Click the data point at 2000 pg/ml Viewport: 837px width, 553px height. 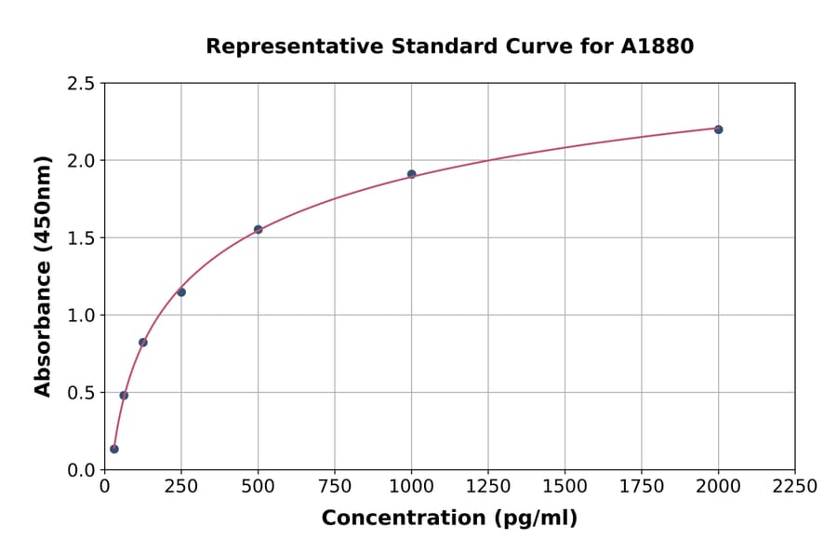[718, 129]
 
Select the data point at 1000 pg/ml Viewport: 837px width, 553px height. [411, 174]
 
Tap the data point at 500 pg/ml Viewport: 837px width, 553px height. [258, 229]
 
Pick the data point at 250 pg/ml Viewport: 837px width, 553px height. [181, 292]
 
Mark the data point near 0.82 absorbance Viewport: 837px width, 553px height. [143, 343]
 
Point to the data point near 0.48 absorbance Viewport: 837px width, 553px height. [124, 396]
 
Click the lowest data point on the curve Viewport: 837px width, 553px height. [114, 449]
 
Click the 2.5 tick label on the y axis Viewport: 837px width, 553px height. [80, 84]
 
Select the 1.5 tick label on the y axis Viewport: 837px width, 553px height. [80, 238]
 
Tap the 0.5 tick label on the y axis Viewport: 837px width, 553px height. [80, 393]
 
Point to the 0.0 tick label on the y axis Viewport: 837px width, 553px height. [80, 470]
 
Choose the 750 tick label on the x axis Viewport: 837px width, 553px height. [335, 487]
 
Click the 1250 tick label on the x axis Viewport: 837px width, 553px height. [488, 487]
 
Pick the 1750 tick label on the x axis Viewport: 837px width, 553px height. [642, 487]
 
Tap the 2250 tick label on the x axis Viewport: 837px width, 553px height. [795, 487]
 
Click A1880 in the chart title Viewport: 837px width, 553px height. [657, 47]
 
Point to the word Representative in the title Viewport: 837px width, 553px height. [279, 47]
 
